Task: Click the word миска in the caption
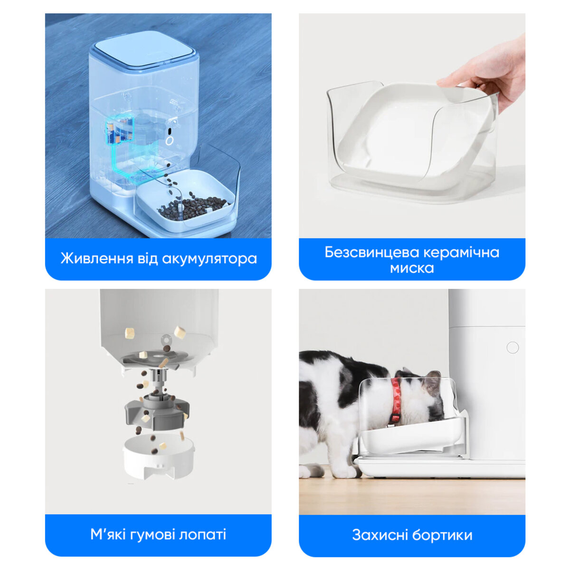click(x=412, y=268)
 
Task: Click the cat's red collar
click(x=396, y=399)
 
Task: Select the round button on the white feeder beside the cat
click(x=513, y=347)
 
